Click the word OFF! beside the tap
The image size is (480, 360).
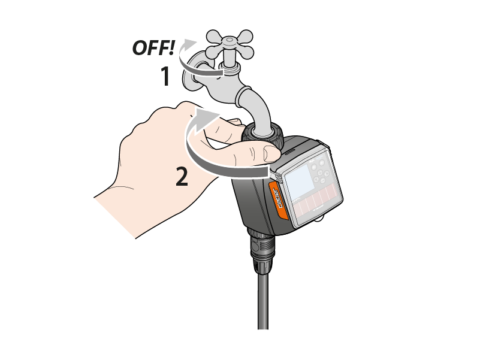153,48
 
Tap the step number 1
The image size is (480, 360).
165,76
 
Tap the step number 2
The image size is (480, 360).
182,176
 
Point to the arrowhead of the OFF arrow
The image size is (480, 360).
190,43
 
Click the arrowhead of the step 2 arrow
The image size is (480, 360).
207,117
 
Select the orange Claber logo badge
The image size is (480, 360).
278,200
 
